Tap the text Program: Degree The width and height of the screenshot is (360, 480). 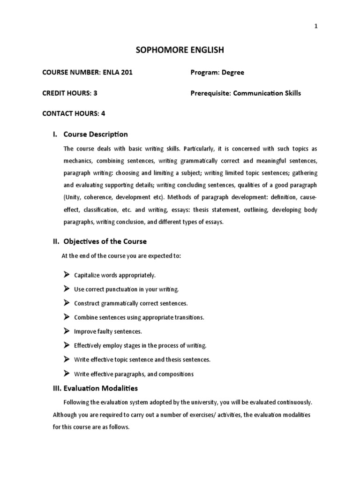coord(217,73)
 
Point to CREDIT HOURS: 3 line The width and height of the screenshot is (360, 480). coord(70,93)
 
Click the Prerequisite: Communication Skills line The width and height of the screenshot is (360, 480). coord(245,93)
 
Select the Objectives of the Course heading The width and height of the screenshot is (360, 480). coord(105,241)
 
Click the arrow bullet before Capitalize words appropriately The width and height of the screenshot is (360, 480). coord(66,274)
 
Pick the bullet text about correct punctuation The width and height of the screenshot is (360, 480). coord(127,289)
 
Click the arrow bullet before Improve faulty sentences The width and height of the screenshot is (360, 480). coord(66,331)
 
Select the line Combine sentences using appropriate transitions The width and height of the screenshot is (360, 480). coord(139,317)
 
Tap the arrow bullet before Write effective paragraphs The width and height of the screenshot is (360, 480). coord(66,373)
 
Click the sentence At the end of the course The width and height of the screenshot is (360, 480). coord(121,256)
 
